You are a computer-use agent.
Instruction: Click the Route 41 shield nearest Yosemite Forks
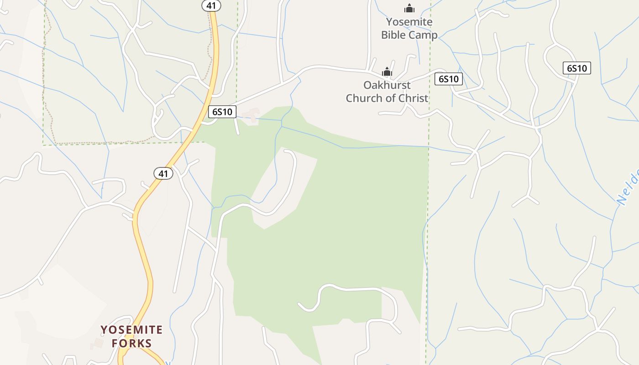pyautogui.click(x=163, y=173)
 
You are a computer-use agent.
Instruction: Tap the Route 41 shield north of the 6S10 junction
pyautogui.click(x=211, y=5)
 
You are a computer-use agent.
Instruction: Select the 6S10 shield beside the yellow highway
pyautogui.click(x=222, y=112)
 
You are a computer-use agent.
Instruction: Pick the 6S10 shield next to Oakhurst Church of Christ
pyautogui.click(x=448, y=79)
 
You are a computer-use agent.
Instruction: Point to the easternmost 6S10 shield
pyautogui.click(x=576, y=68)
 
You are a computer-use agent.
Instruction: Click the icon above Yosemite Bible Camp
pyautogui.click(x=409, y=8)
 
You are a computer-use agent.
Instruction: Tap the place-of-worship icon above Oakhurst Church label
pyautogui.click(x=387, y=72)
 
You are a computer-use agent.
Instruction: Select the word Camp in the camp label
pyautogui.click(x=424, y=35)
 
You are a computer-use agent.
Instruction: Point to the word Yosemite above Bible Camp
pyautogui.click(x=409, y=22)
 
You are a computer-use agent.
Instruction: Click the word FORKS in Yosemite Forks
pyautogui.click(x=132, y=343)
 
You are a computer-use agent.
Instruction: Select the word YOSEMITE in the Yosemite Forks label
pyautogui.click(x=132, y=330)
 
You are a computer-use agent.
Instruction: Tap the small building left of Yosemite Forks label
pyautogui.click(x=97, y=343)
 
